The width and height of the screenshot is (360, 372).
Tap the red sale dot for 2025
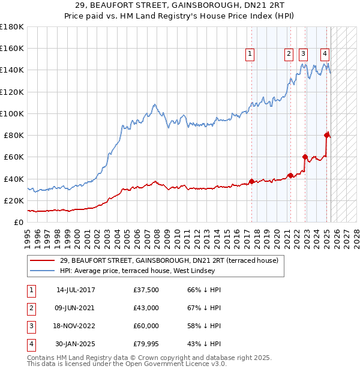(327, 135)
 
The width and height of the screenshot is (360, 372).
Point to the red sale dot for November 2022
(305, 157)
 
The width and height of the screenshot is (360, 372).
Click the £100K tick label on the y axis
(11, 113)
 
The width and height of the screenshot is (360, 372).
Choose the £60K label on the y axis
(14, 157)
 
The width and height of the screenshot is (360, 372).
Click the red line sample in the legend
(43, 261)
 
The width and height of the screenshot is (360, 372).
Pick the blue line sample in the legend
(43, 271)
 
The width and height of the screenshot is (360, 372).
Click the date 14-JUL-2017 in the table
(76, 290)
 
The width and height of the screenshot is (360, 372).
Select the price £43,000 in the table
(147, 308)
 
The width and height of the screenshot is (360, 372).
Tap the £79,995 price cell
(147, 344)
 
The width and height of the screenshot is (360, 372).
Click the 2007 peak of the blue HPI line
(154, 104)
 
